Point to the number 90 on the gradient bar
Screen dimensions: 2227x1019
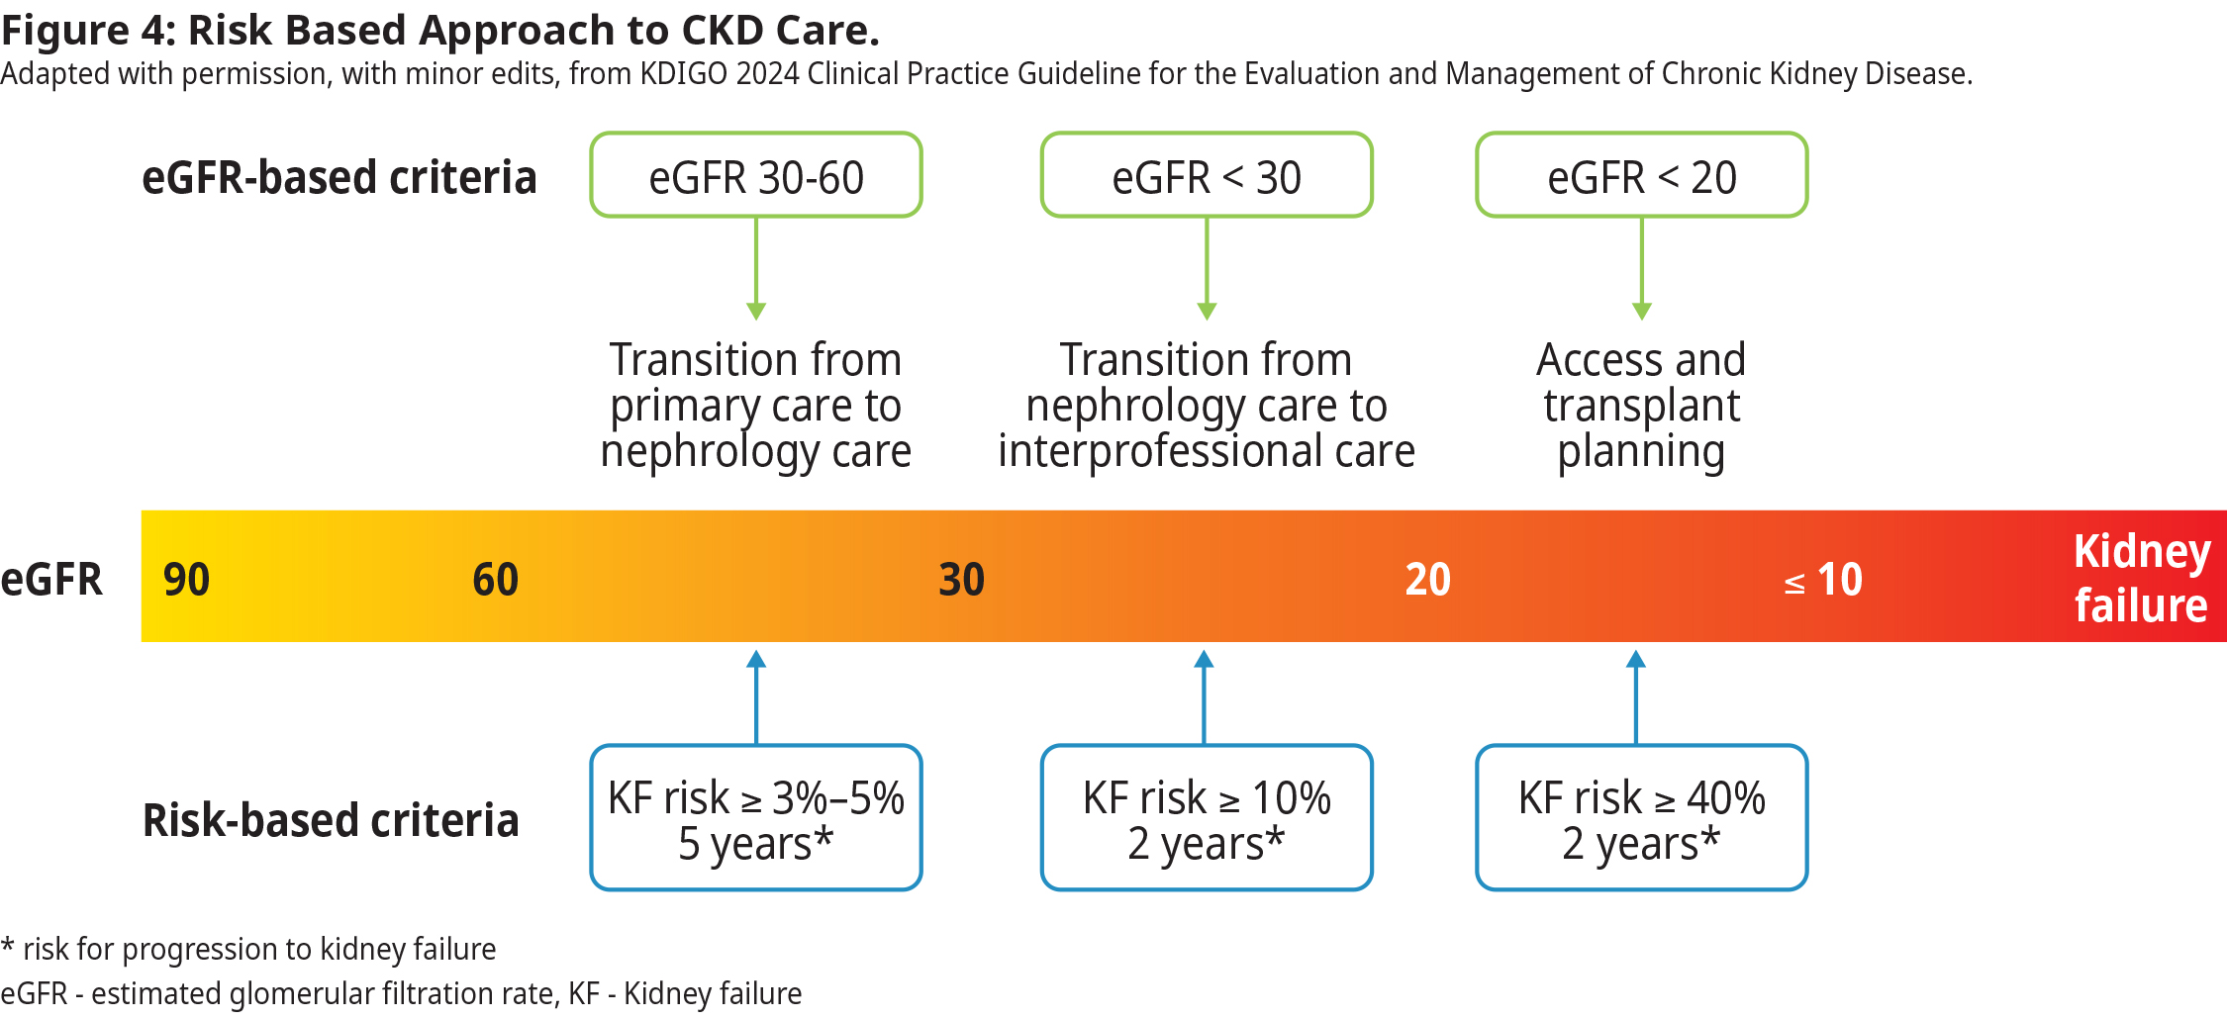click(x=186, y=580)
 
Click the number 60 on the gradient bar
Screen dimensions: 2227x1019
click(x=496, y=580)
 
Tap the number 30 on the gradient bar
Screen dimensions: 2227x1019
click(x=962, y=580)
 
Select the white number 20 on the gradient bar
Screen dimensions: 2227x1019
click(x=1428, y=580)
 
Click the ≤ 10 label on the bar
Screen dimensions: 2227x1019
click(x=1823, y=580)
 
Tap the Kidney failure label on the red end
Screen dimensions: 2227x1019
click(x=2142, y=578)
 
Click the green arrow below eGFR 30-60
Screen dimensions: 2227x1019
click(x=756, y=268)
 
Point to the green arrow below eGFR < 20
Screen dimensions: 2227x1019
click(x=1642, y=268)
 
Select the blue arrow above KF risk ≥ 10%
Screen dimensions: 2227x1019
click(x=1204, y=696)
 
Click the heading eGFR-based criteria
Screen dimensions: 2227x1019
click(x=339, y=178)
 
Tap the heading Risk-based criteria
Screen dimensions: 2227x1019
click(x=331, y=821)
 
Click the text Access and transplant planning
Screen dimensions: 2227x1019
click(x=1641, y=406)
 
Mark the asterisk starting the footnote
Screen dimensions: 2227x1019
click(x=8, y=945)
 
